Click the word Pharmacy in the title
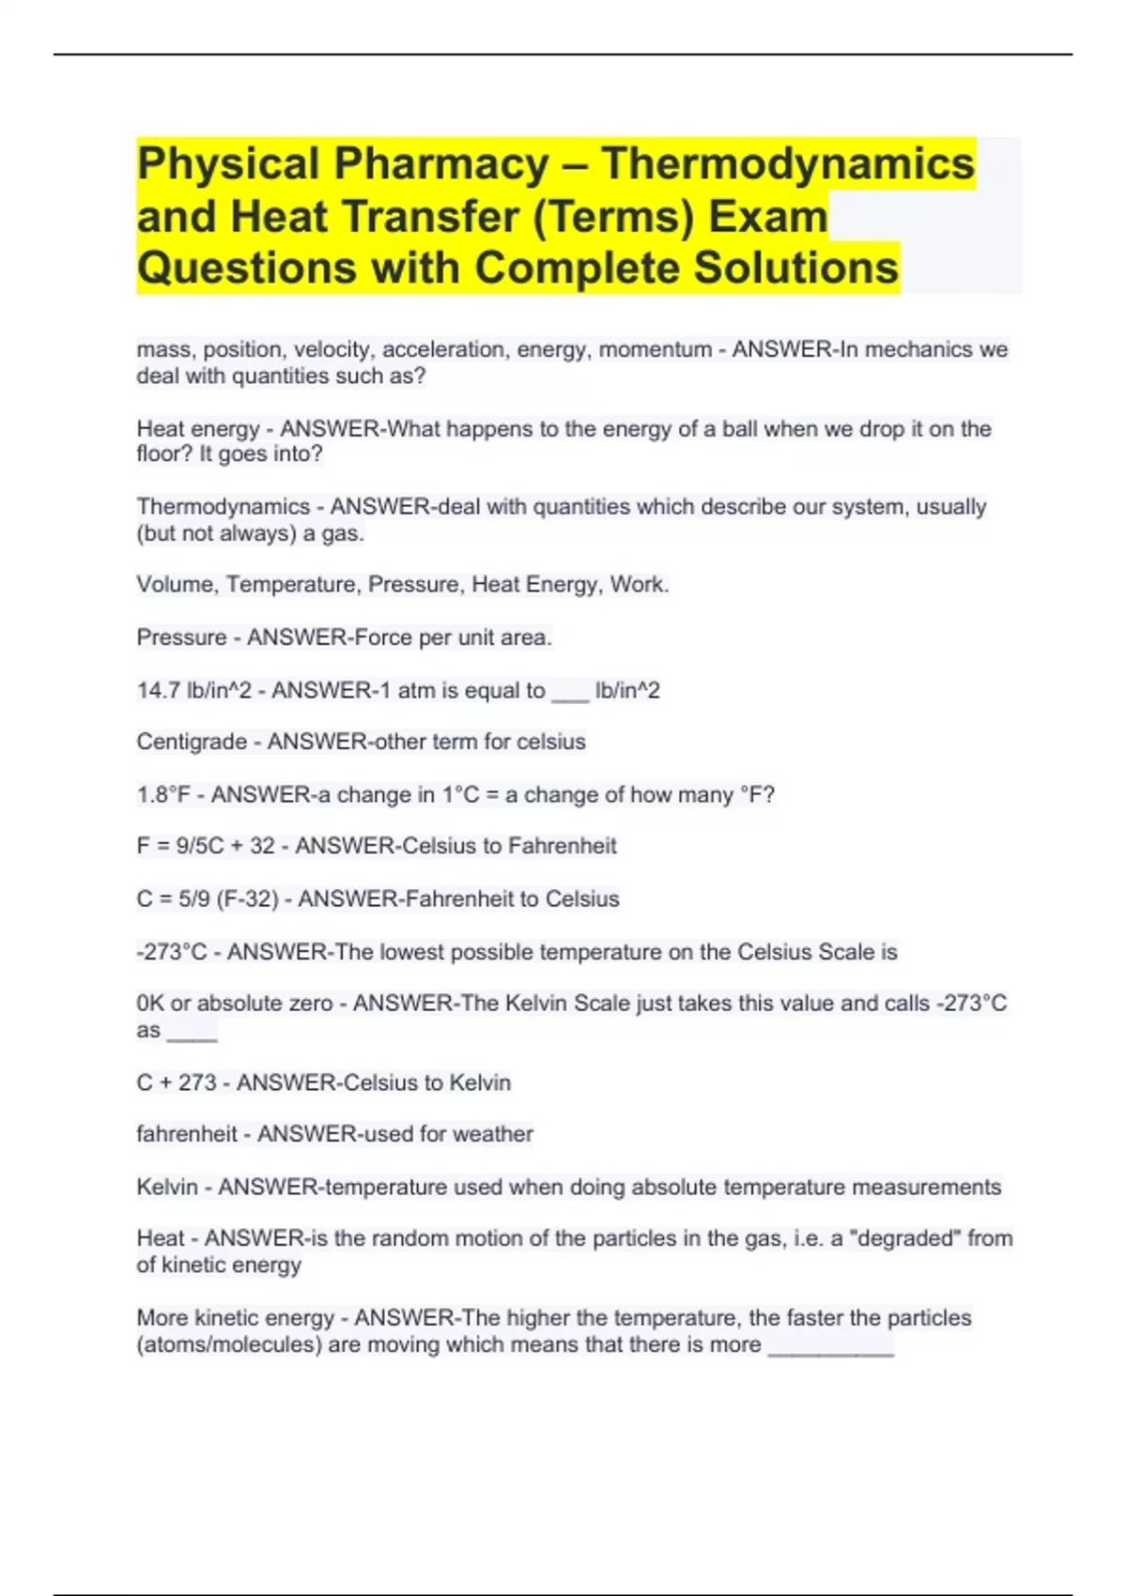(x=441, y=164)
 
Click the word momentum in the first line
(x=655, y=349)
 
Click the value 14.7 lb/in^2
(x=194, y=691)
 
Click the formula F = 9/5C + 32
(x=206, y=846)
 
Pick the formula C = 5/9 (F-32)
(x=208, y=899)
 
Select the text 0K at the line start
(x=150, y=1004)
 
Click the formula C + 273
(x=177, y=1082)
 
